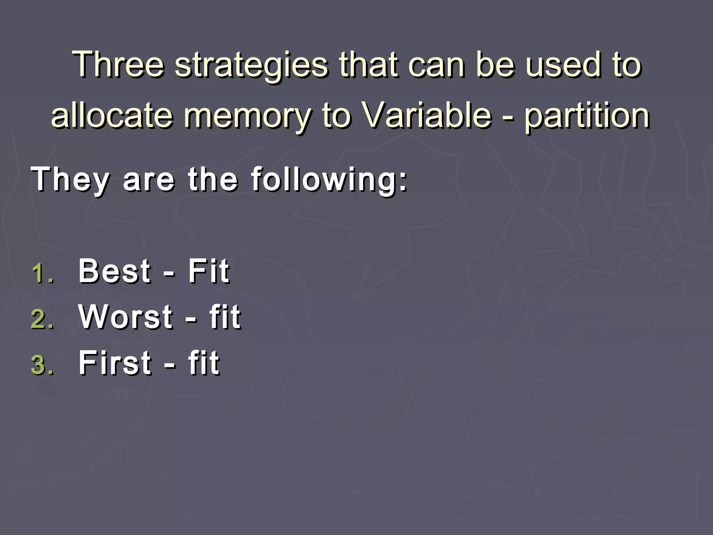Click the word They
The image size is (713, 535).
point(70,180)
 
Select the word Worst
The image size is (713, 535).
point(126,317)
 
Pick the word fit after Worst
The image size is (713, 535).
point(225,317)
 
